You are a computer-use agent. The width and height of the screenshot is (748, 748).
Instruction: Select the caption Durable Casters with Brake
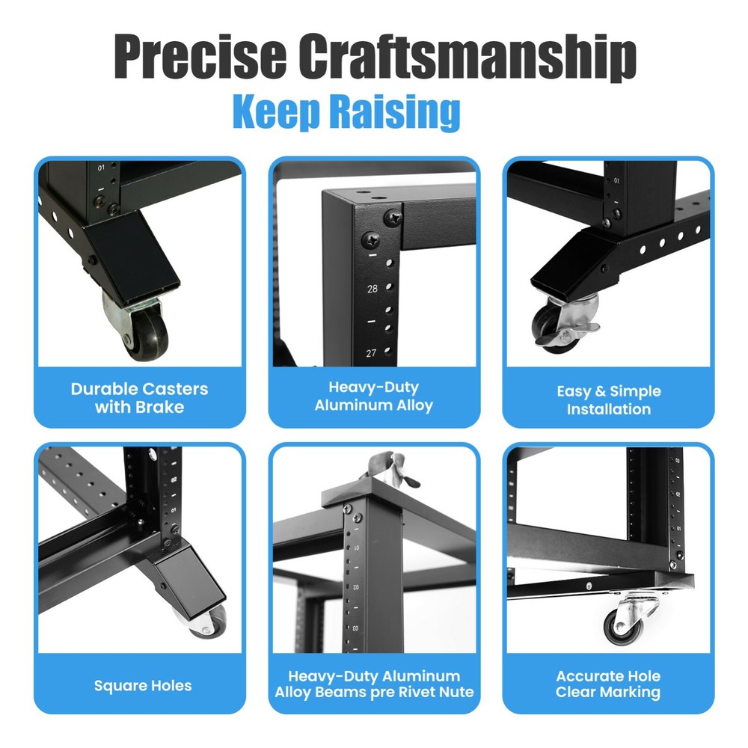140,398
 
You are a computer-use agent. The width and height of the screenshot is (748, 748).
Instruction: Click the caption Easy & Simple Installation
608,400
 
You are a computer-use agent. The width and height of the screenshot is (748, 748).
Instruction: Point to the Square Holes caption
143,685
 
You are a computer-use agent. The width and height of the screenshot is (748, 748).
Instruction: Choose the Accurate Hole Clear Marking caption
608,684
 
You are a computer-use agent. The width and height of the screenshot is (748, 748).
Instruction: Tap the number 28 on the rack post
373,287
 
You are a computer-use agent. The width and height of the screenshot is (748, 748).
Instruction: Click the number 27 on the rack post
372,353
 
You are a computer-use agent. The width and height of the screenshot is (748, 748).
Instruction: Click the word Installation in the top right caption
608,409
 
